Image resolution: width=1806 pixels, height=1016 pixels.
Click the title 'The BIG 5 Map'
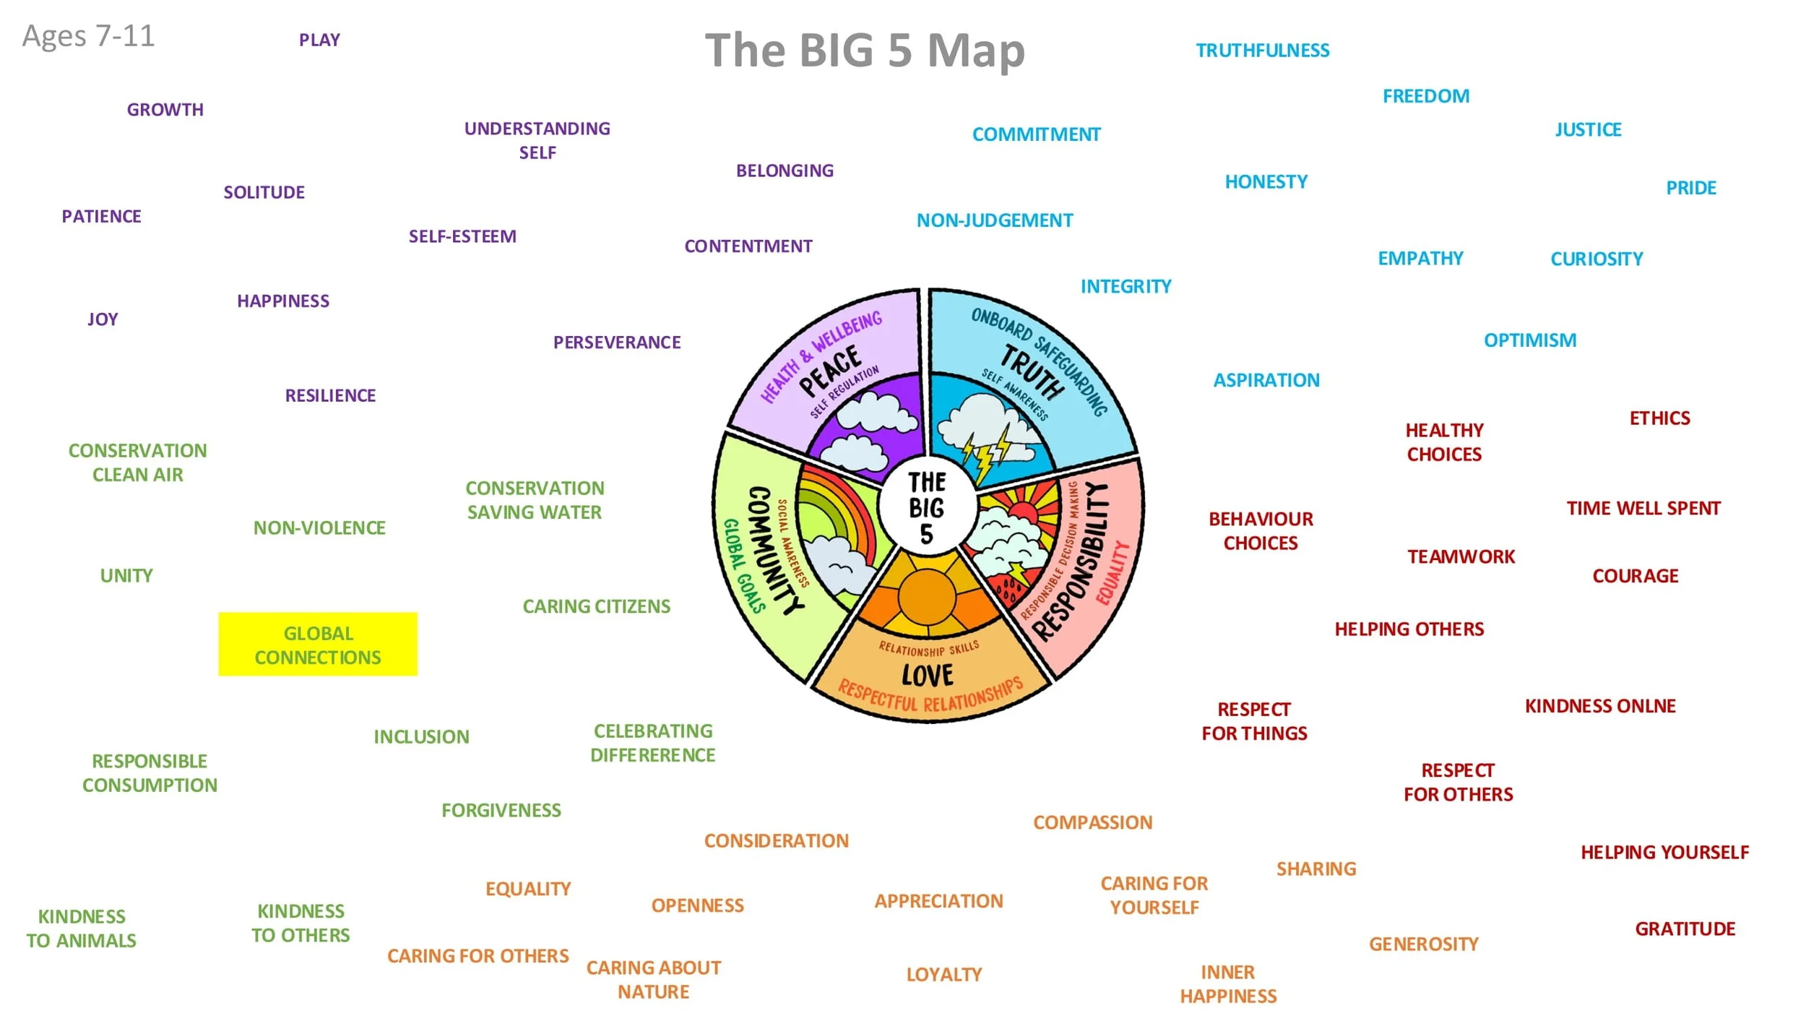click(865, 51)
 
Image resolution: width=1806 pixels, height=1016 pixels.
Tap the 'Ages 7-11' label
click(88, 36)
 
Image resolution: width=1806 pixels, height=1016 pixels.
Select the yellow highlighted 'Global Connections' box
click(318, 645)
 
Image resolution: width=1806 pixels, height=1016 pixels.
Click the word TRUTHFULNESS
click(1262, 51)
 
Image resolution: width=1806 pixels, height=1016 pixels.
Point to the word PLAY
click(319, 40)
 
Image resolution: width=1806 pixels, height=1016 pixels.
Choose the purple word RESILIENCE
click(330, 396)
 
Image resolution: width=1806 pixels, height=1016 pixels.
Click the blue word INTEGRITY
click(1125, 287)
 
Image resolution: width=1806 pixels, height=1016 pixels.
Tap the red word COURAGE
click(1635, 576)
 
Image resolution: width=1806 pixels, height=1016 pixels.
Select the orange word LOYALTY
click(943, 975)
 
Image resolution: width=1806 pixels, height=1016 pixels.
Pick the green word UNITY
click(126, 576)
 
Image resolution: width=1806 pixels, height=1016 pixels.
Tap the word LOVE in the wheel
click(927, 676)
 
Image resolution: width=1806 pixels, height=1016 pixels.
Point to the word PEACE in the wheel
click(831, 371)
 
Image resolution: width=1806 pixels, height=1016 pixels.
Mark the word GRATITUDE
click(1685, 929)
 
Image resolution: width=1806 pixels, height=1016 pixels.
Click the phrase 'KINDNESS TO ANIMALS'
click(82, 929)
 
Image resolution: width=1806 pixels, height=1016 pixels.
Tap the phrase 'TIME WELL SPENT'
click(1643, 509)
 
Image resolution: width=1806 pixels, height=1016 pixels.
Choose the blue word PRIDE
click(1690, 188)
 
